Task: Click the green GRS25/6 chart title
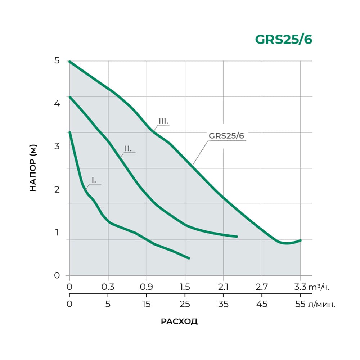point(283,40)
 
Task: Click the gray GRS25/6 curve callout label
point(226,136)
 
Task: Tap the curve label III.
point(163,121)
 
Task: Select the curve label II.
point(128,148)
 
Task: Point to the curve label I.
point(94,180)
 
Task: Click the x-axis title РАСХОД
point(179,321)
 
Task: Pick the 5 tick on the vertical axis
point(57,60)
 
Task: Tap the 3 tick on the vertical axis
point(57,147)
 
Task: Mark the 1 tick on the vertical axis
point(57,233)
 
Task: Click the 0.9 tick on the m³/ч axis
point(146,287)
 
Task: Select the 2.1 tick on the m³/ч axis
point(224,287)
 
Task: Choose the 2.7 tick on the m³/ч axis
point(262,287)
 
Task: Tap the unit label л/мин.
point(320,305)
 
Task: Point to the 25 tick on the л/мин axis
point(185,305)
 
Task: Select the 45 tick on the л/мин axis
point(262,305)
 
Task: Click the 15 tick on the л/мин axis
point(146,305)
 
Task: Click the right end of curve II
point(237,237)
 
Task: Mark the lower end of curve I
point(189,258)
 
